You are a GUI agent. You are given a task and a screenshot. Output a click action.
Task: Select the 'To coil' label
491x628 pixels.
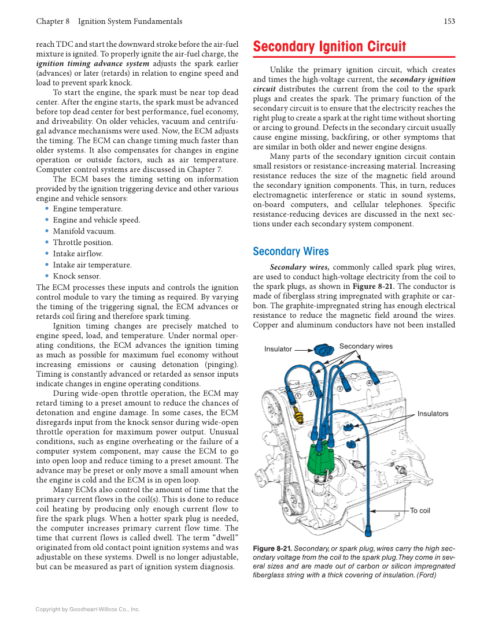click(420, 511)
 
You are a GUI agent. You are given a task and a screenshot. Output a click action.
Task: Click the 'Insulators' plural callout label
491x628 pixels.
click(433, 414)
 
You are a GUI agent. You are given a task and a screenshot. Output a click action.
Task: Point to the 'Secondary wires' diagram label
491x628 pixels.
click(366, 347)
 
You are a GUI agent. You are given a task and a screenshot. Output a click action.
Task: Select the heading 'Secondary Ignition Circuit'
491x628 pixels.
click(330, 47)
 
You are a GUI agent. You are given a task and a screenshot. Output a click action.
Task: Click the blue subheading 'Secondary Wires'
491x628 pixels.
click(291, 251)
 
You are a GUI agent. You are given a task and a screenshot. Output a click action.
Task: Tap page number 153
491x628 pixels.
click(449, 21)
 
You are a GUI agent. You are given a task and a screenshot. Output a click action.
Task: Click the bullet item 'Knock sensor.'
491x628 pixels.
click(76, 276)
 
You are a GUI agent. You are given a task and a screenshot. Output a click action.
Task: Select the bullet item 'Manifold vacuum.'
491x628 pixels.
click(84, 231)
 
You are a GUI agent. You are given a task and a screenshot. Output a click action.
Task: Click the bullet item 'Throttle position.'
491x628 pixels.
click(83, 243)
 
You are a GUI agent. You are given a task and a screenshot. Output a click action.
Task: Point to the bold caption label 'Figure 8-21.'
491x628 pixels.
click(272, 548)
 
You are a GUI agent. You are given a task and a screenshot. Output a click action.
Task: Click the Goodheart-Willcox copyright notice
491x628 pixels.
click(87, 609)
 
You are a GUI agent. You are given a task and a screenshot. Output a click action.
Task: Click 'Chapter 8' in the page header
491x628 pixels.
click(53, 21)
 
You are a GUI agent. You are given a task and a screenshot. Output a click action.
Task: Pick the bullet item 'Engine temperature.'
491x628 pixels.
click(87, 209)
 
